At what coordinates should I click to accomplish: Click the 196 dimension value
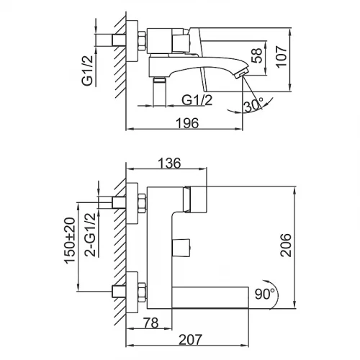pos(187,123)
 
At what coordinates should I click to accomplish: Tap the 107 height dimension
pos(281,57)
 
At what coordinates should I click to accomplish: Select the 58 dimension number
pos(256,55)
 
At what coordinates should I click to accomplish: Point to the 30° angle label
pos(253,105)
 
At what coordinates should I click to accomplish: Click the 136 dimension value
pos(169,163)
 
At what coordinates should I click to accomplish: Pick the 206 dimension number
pos(286,245)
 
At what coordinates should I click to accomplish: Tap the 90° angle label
pos(264,294)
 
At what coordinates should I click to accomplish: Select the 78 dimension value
pos(151,323)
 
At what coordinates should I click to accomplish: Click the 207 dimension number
pos(191,340)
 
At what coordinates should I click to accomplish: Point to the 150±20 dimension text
pos(70,240)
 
